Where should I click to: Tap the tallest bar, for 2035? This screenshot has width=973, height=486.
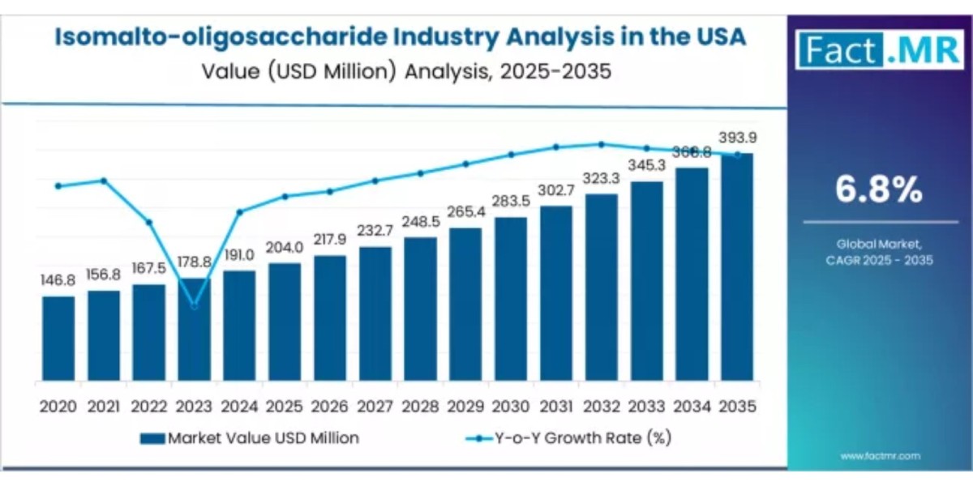point(737,267)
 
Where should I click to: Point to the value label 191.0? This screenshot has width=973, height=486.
point(240,254)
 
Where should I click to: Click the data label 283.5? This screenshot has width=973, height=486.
point(511,201)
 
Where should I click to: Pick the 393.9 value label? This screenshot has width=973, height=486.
point(738,137)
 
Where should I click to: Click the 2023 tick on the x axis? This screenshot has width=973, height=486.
point(194,406)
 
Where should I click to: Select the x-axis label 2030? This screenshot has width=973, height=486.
point(511,406)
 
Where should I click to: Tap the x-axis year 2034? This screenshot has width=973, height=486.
point(692,406)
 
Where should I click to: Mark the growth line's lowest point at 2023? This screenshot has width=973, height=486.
point(194,305)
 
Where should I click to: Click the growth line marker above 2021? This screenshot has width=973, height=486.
point(104,180)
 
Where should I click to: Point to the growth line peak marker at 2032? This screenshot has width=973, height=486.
point(602,144)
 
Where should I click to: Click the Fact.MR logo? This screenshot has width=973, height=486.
point(879,50)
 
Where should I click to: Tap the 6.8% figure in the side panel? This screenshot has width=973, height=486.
point(879,190)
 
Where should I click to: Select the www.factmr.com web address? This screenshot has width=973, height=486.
point(880,457)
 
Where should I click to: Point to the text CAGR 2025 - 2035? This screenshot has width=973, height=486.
point(880,260)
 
